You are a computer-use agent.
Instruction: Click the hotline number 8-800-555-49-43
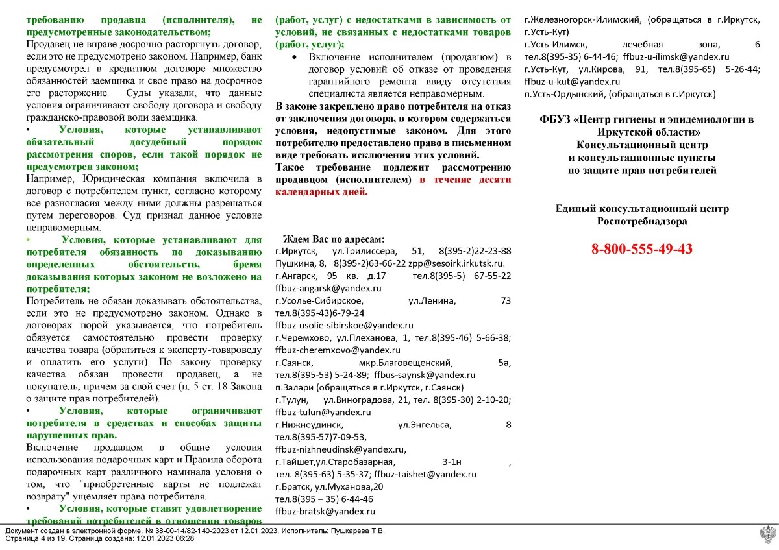coord(641,249)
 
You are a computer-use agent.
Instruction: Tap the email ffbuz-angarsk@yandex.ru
coord(328,288)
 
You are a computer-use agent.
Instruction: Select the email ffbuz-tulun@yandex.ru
coord(323,412)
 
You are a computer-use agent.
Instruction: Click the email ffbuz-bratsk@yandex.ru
coord(325,511)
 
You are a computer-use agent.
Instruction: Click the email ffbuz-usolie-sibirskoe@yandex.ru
coord(344,325)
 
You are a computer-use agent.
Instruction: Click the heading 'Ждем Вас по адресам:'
coord(334,239)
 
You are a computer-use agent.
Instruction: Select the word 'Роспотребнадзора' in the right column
coord(641,221)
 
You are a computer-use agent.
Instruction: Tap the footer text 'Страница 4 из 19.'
coord(36,538)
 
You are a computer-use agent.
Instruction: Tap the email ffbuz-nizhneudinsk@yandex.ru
coord(340,449)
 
